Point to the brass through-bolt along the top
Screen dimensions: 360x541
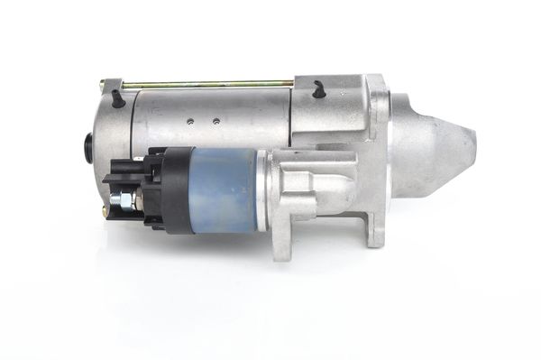click(207, 85)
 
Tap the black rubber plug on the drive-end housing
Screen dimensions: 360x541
click(318, 89)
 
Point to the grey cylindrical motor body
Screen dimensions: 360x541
click(216, 113)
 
